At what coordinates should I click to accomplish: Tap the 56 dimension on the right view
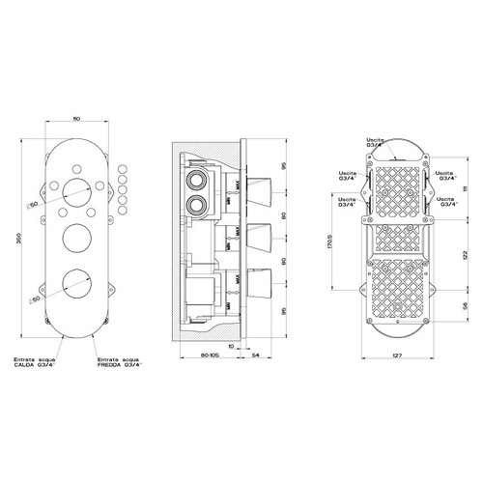pyautogui.click(x=467, y=307)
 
